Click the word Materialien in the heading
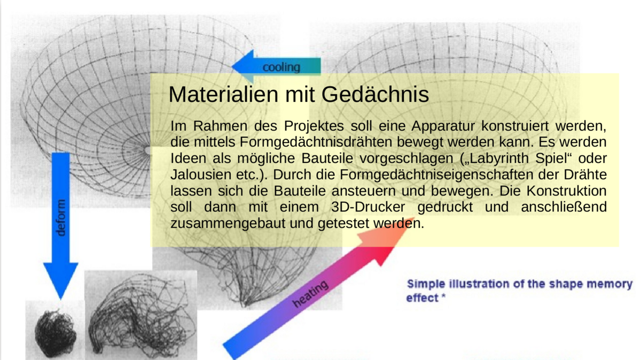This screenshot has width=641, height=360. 223,94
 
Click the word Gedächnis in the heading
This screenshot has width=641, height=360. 375,94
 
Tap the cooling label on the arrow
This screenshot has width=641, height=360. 282,67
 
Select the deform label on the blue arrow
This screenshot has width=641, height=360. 61,218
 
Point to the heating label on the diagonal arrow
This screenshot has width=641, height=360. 310,294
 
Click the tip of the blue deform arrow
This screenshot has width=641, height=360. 60,299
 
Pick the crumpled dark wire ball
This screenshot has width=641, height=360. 56,333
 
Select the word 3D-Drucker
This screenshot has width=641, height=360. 368,207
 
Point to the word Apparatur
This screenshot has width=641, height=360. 443,126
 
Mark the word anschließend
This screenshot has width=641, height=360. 564,207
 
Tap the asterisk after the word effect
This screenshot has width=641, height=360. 443,296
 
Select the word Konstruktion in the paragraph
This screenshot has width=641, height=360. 567,191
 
